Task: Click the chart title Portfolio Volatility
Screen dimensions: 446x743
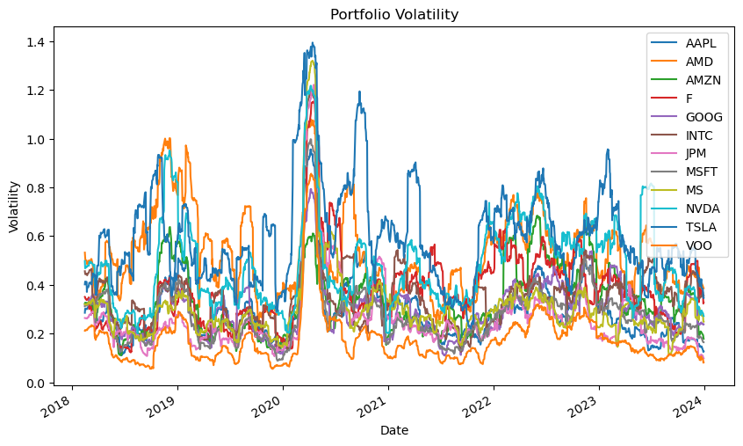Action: click(393, 14)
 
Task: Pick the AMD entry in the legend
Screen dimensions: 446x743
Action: click(699, 62)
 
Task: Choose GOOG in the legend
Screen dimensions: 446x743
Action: click(701, 117)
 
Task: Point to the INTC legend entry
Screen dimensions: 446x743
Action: click(699, 135)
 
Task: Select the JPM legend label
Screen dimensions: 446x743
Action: click(697, 154)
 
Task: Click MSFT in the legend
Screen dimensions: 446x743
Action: click(700, 172)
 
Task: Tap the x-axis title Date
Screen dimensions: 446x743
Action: click(393, 430)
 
